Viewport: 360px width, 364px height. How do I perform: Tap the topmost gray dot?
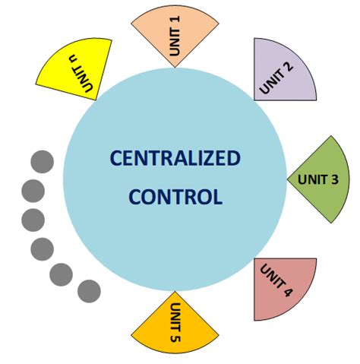[42, 162]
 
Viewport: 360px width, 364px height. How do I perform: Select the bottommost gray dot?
[89, 290]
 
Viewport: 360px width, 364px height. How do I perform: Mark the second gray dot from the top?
[33, 190]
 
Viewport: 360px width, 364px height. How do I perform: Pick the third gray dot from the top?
[33, 220]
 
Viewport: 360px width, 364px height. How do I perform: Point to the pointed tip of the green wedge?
[288, 180]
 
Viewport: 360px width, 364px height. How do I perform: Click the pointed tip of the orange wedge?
[175, 292]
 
